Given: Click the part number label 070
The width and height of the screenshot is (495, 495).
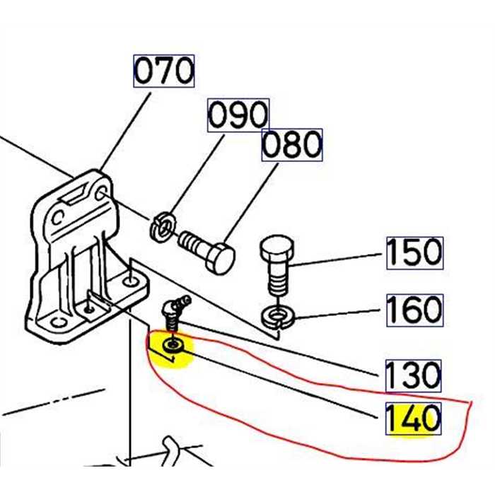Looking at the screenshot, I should [x=164, y=71].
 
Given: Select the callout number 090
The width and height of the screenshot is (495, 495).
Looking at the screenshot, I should [x=238, y=116].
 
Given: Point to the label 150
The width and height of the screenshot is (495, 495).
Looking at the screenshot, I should [x=414, y=252].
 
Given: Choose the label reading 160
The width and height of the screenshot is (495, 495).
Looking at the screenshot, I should [x=414, y=309].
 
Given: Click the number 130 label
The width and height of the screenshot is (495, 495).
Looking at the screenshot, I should [x=413, y=373].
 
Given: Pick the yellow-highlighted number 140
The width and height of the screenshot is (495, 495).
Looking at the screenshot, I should [x=413, y=418].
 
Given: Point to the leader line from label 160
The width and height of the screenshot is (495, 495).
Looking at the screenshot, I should [x=339, y=313].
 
